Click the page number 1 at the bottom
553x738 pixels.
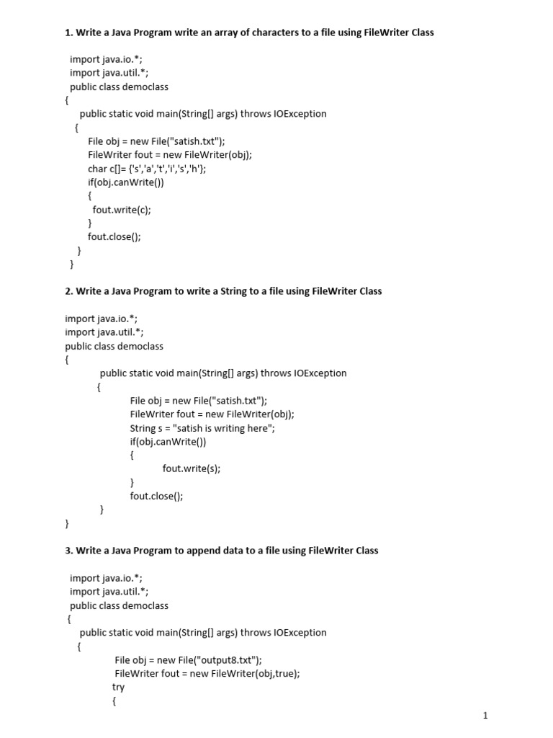486,716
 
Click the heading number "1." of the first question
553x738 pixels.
69,32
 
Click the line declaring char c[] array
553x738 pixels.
147,169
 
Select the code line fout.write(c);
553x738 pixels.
122,210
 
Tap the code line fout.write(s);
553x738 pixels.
191,468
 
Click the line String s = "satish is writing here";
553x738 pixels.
202,427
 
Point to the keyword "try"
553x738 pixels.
118,687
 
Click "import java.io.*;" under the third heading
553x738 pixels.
106,577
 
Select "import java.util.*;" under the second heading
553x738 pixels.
104,332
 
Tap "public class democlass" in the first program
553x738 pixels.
119,86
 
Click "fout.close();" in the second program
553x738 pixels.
156,496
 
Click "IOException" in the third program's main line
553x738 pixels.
300,632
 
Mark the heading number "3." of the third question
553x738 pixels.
69,550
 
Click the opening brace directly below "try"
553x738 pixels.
114,701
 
